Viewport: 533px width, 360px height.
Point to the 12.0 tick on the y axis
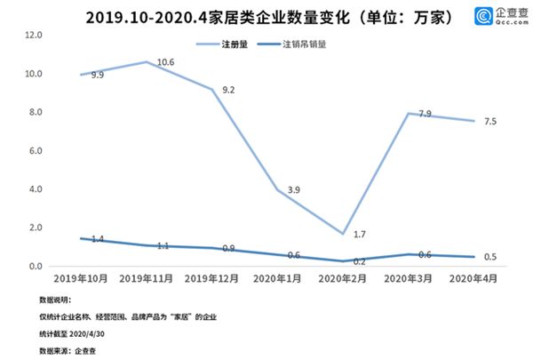click(x=36, y=35)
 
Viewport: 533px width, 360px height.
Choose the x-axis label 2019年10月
click(x=82, y=279)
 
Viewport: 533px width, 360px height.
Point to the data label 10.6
click(x=166, y=62)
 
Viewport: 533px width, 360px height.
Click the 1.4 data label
click(x=97, y=240)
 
